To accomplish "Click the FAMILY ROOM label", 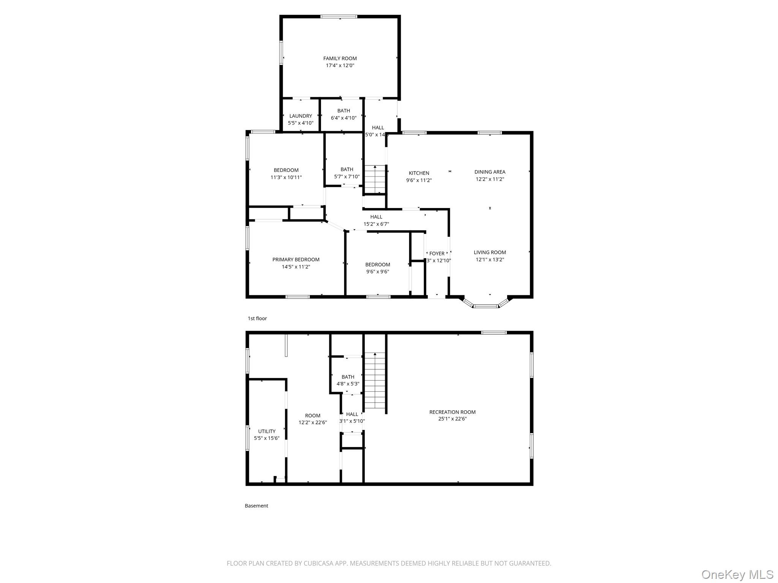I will coord(340,58).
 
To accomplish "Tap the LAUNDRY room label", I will coord(300,116).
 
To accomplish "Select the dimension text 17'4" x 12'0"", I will coord(340,66).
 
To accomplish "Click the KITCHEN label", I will coord(419,173).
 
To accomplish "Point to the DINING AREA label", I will coord(490,172).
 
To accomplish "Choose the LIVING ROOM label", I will coord(490,252).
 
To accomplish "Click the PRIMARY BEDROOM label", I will coord(296,260).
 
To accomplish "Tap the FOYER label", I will coord(437,254).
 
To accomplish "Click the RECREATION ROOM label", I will coord(452,412).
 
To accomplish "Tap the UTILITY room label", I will coord(267,431).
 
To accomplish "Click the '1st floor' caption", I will coord(257,318).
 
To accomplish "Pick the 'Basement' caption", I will coord(256,506).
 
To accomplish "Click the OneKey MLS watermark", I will coord(737,574).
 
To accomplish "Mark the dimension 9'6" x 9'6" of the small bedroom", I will coord(377,272).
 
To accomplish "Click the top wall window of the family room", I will coord(339,17).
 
